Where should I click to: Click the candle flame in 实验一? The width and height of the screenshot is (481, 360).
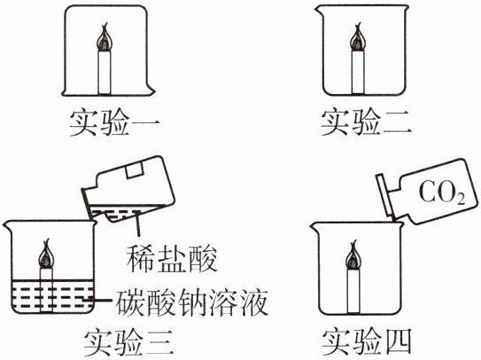(x=105, y=37)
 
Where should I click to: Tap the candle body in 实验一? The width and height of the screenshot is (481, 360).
(x=104, y=73)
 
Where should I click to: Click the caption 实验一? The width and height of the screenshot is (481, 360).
(x=115, y=123)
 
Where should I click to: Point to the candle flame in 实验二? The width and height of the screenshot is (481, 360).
(x=357, y=37)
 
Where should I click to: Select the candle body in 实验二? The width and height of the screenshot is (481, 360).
(x=357, y=72)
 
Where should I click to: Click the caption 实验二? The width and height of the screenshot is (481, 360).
(x=366, y=123)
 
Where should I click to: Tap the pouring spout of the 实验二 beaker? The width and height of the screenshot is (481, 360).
(x=319, y=12)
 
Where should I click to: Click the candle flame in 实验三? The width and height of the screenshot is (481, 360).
(x=46, y=255)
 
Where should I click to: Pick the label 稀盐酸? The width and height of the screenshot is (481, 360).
(x=172, y=259)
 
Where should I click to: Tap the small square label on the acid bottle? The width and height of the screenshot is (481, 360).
(x=134, y=170)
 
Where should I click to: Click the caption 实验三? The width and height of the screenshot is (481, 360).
(x=128, y=343)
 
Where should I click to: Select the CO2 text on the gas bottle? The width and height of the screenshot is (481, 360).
(x=442, y=193)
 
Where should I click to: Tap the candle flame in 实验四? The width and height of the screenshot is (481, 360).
(x=354, y=254)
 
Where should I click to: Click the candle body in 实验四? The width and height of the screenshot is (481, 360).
(x=353, y=291)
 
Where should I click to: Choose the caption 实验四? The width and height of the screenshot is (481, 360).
(x=366, y=343)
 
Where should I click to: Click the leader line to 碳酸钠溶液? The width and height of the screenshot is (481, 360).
(x=100, y=300)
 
